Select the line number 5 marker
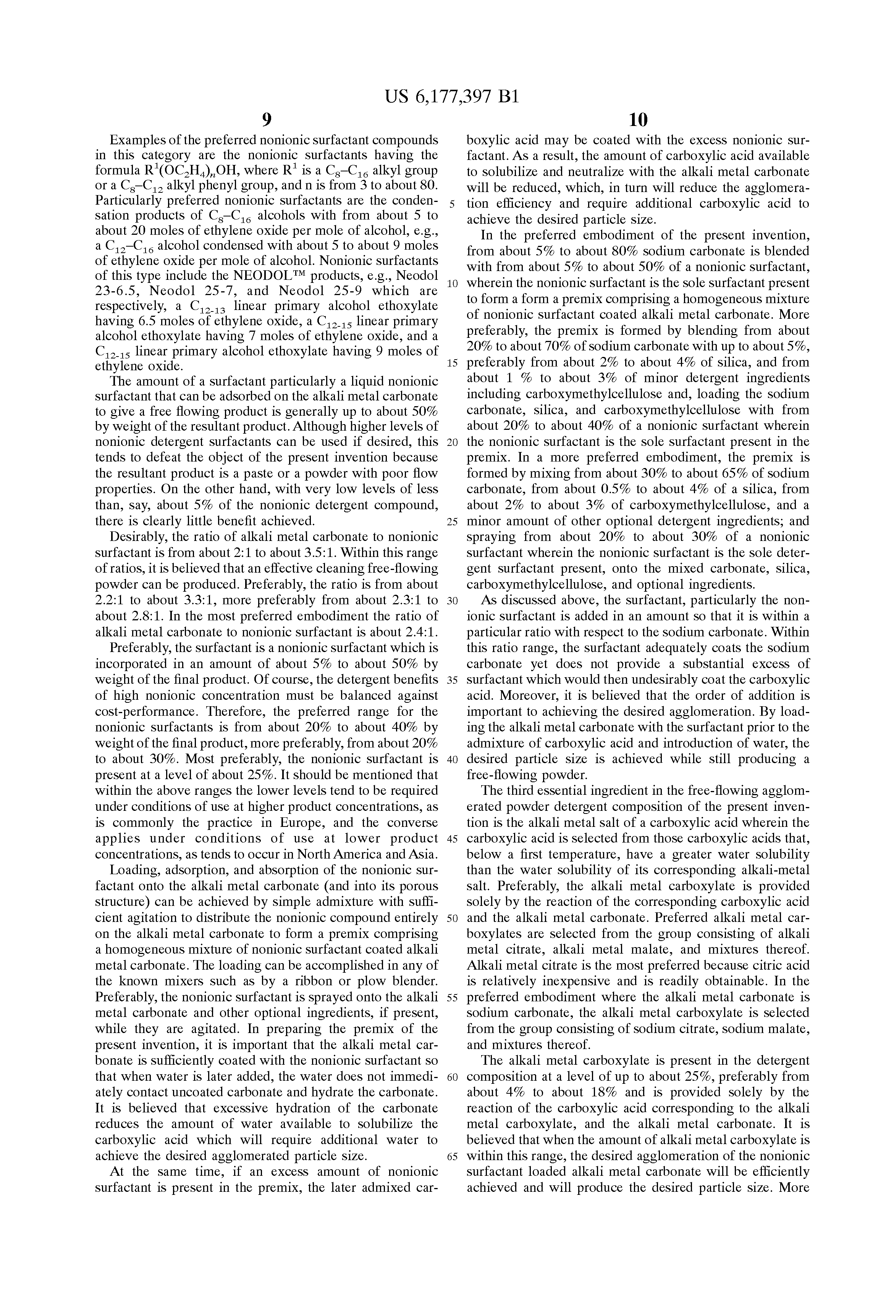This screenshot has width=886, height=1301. point(452,204)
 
